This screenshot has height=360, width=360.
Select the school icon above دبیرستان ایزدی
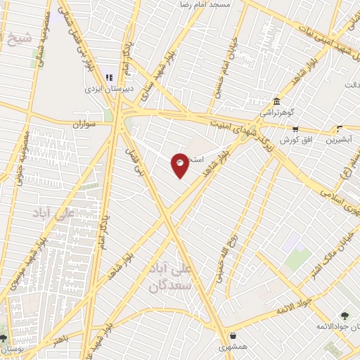click(x=109, y=77)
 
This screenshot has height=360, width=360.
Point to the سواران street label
click(x=83, y=124)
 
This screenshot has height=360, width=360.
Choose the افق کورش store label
click(x=295, y=141)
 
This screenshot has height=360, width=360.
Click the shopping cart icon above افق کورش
click(x=295, y=129)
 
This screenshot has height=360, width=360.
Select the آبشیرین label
click(x=340, y=140)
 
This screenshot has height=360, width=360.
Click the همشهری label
click(x=232, y=347)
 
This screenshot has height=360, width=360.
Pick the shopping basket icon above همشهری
click(x=232, y=335)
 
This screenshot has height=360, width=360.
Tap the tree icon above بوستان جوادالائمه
click(x=344, y=315)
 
